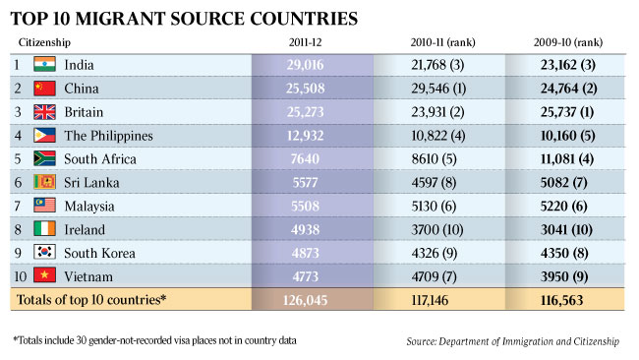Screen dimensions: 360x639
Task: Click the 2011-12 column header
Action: pyautogui.click(x=314, y=42)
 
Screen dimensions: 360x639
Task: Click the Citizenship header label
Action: pyautogui.click(x=43, y=42)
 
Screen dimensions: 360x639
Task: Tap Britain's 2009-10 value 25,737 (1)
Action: pyautogui.click(x=564, y=112)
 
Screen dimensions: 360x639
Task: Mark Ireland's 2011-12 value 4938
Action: pyautogui.click(x=314, y=230)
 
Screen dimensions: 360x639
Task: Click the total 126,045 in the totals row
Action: pyautogui.click(x=314, y=300)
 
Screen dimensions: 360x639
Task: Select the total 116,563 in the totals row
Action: pyautogui.click(x=564, y=300)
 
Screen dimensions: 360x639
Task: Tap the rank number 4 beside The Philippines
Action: pyautogui.click(x=17, y=136)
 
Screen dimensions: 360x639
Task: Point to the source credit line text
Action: pyautogui.click(x=513, y=341)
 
